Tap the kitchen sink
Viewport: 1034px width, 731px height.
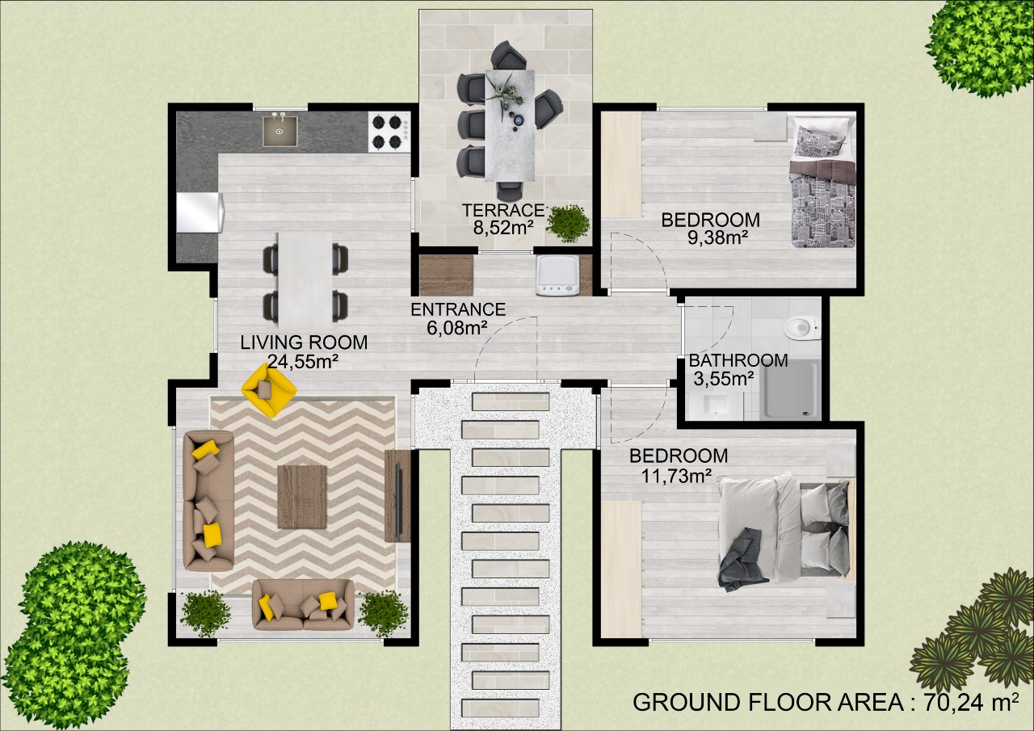click(280, 132)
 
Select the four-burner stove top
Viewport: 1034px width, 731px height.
click(387, 132)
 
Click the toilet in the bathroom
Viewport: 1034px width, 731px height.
click(802, 328)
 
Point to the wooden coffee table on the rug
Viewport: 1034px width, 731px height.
click(302, 497)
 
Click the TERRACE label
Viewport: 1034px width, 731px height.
click(503, 211)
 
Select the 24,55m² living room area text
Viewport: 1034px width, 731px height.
click(303, 362)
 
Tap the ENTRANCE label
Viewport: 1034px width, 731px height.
click(458, 309)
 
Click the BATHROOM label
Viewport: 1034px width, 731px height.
click(738, 360)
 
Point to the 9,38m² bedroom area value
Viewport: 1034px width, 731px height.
click(718, 237)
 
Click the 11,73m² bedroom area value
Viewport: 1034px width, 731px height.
click(676, 475)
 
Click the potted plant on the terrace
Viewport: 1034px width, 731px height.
click(568, 224)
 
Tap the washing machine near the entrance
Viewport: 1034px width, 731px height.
click(557, 275)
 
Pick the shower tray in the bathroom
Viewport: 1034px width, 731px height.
click(791, 390)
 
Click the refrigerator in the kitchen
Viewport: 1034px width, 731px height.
click(200, 212)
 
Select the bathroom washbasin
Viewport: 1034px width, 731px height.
click(716, 406)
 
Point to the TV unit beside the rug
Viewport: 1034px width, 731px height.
click(397, 496)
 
